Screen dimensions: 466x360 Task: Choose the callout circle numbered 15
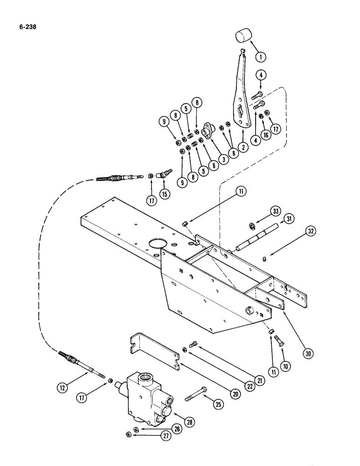click(165, 194)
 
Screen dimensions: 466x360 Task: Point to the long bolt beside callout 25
click(196, 395)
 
